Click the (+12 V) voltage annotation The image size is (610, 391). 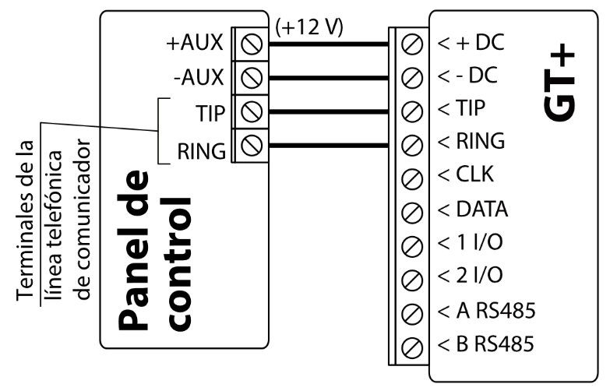point(309,26)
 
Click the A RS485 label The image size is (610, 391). point(486,311)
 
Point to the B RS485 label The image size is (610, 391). point(486,343)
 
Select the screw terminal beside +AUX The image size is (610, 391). point(250,44)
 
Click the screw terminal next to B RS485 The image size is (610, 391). point(414,344)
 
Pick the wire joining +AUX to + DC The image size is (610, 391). point(327,44)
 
